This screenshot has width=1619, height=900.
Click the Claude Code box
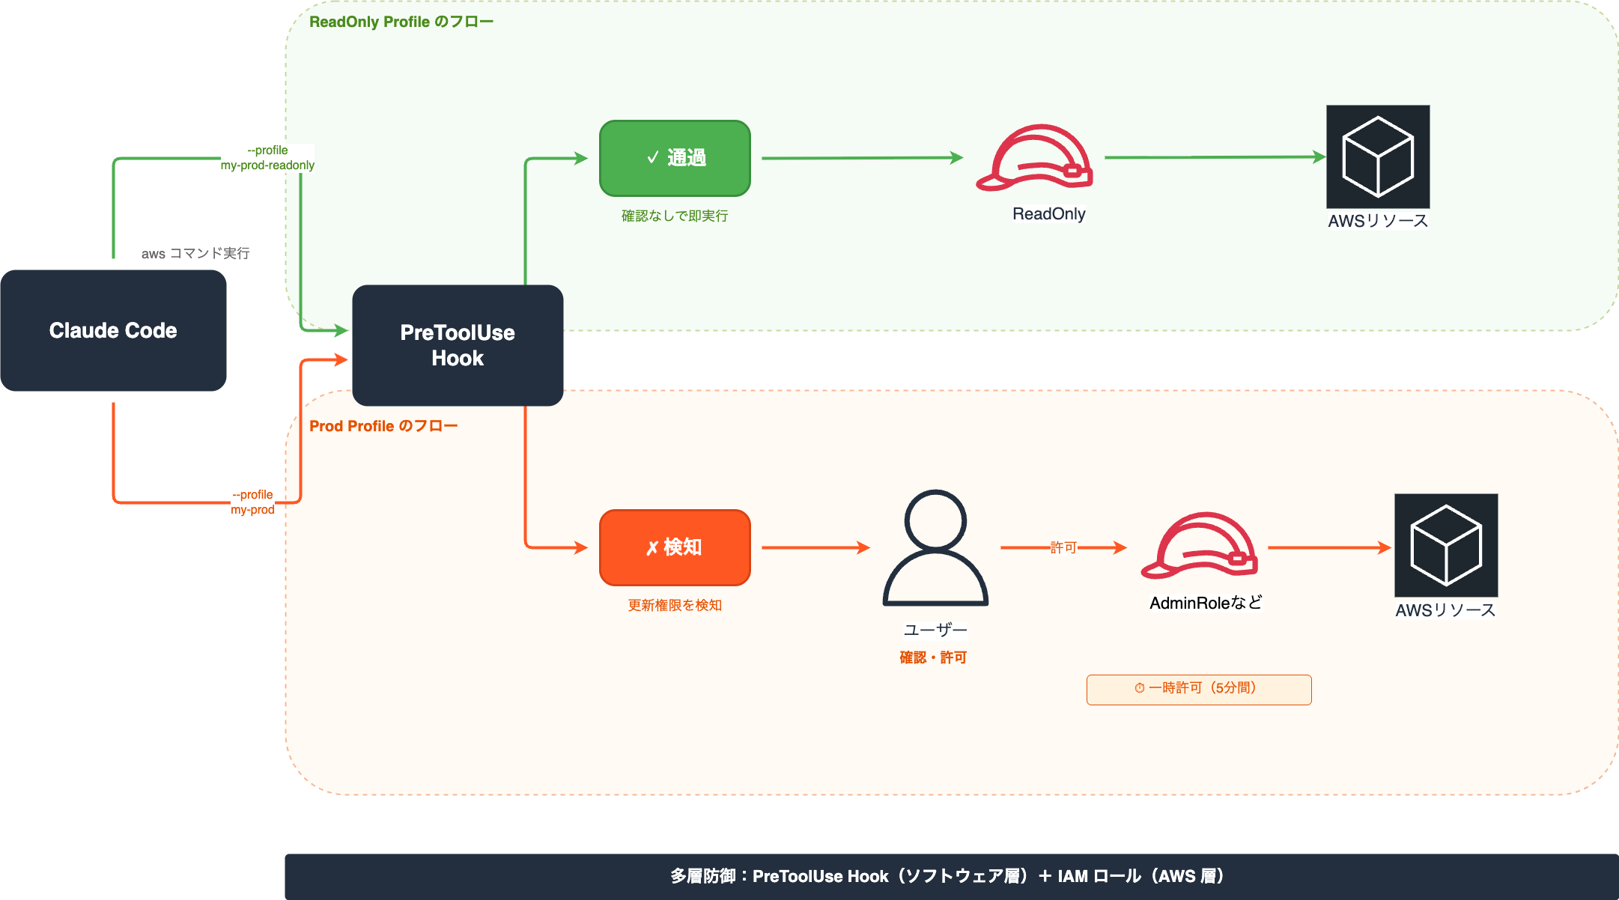113,330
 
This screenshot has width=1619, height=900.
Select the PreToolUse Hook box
458,345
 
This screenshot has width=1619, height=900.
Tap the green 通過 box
675,158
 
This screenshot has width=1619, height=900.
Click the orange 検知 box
675,547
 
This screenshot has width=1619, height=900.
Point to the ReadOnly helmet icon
1034,158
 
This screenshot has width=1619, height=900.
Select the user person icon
935,547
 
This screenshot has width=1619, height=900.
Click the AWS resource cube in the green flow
1378,156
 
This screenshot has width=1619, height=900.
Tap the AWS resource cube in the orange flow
1446,545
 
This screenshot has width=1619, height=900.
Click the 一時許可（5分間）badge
1199,689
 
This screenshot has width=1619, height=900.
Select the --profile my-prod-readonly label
267,158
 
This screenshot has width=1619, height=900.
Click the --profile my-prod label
252,502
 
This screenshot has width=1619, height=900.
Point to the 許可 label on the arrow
1063,547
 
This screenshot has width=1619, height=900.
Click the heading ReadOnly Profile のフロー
401,22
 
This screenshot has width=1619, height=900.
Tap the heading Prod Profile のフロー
383,426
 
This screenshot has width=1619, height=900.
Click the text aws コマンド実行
195,254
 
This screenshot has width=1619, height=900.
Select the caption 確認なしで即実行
675,216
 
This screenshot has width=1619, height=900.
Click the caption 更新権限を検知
675,605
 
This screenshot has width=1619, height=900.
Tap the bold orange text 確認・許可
933,657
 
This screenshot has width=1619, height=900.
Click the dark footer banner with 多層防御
951,876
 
